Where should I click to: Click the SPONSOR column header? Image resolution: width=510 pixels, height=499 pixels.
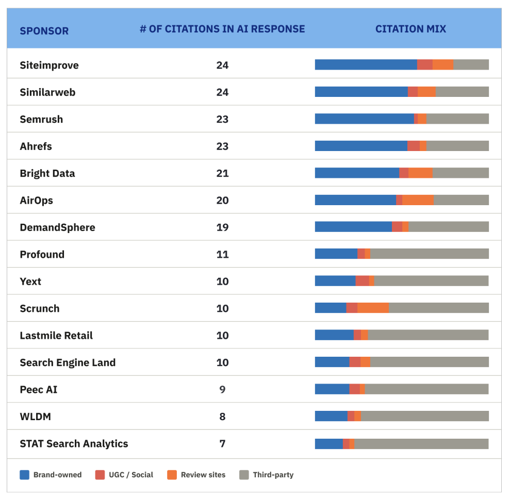[44, 30]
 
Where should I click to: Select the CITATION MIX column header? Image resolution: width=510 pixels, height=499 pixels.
[410, 29]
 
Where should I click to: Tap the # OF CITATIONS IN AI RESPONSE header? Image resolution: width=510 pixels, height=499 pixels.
[222, 29]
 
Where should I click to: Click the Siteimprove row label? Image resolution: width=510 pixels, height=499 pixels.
[49, 65]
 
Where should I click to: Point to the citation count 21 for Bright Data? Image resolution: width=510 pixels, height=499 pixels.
[222, 173]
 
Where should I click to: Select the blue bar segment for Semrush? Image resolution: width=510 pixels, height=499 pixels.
[364, 119]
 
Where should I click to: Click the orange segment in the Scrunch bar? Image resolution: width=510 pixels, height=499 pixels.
[373, 308]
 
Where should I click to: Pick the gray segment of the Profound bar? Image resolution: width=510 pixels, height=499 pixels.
[429, 254]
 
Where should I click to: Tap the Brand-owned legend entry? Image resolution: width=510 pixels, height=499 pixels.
[51, 475]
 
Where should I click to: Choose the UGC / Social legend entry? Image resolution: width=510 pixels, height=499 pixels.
[124, 475]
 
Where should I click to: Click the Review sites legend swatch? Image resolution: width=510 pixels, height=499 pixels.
[172, 475]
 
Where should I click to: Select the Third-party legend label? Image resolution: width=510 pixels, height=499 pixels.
[273, 475]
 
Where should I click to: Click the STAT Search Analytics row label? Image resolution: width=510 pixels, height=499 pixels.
[74, 444]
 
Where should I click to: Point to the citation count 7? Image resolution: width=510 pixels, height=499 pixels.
[222, 444]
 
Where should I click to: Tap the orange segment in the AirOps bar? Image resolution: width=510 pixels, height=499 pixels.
[418, 200]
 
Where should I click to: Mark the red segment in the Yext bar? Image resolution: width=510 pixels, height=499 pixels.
[362, 281]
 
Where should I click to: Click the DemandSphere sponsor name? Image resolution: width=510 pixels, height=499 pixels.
[57, 227]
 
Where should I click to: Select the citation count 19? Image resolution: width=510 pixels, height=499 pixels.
[222, 227]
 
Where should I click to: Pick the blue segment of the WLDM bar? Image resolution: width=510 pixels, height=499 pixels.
[331, 417]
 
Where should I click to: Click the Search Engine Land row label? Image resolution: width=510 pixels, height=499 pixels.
[68, 362]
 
